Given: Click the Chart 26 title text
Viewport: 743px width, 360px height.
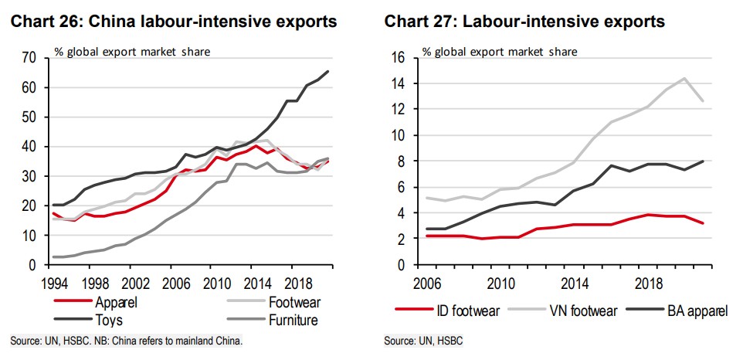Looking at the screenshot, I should point(173,22).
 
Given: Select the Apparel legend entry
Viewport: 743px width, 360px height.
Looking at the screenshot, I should point(115,303).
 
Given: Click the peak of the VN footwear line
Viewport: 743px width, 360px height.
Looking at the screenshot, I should point(684,78).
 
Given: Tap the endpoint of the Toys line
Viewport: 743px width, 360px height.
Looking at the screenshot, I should point(328,72).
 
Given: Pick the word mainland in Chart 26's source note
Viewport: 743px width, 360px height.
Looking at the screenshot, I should point(198,341).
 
